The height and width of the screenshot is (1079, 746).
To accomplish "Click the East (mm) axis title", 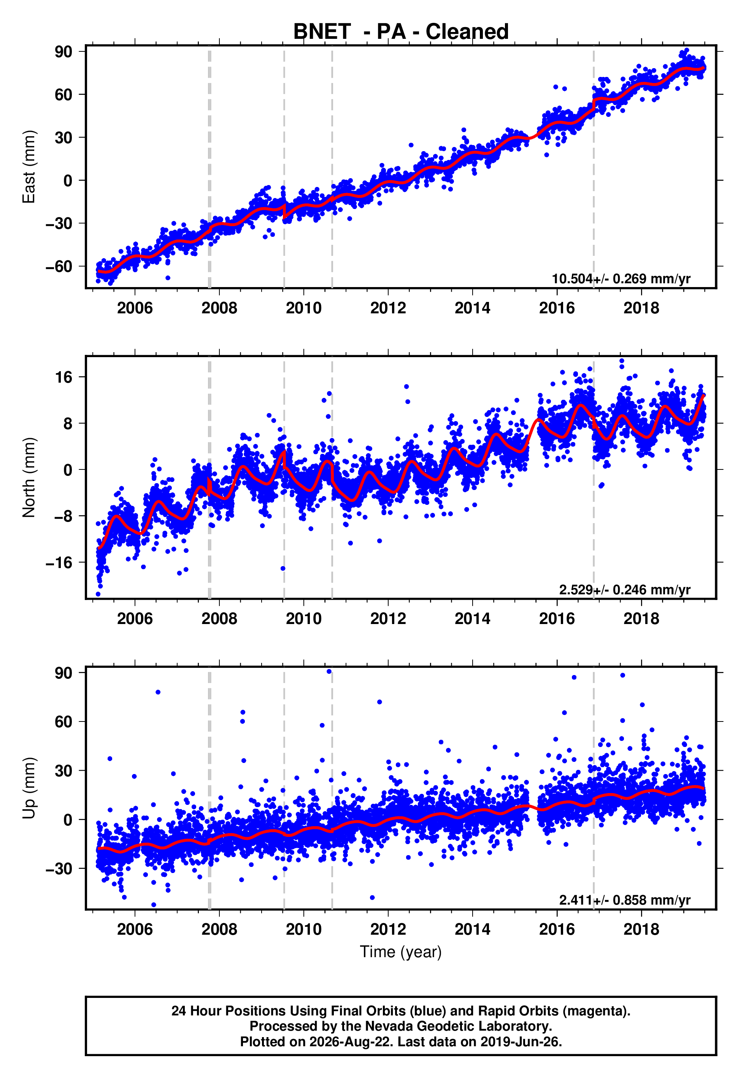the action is [x=29, y=167].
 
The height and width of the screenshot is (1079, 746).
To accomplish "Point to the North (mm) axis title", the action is [x=29, y=477].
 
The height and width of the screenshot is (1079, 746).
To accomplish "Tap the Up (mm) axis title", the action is [x=29, y=788].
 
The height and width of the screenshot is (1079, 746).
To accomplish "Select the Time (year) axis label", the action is [x=401, y=952].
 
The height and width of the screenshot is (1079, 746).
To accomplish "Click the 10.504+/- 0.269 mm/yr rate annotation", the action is [x=621, y=279].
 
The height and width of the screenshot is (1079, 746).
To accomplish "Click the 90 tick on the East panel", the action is [x=63, y=51].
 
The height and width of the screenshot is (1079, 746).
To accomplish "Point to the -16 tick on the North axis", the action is [x=59, y=562].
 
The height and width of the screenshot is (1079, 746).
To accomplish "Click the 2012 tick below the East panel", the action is [x=388, y=308].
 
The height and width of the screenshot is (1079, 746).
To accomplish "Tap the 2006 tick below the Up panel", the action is [x=135, y=929].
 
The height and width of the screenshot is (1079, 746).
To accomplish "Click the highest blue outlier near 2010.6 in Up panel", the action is [x=329, y=671].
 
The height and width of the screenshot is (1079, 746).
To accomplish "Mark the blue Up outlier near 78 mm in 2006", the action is [x=158, y=692].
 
